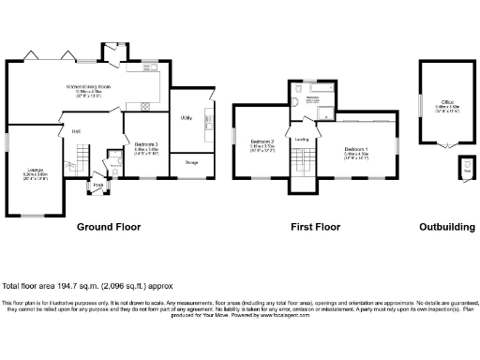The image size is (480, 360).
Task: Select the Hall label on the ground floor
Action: tap(76, 130)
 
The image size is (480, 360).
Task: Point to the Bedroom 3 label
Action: tap(144, 143)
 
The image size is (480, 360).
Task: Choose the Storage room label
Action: tap(191, 163)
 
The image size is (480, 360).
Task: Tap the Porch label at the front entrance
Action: tap(98, 185)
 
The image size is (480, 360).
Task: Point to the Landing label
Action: tap(302, 140)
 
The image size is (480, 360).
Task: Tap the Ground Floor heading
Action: tap(109, 227)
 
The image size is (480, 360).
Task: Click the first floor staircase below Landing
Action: tap(302, 166)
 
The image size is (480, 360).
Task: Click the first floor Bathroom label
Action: tap(315, 98)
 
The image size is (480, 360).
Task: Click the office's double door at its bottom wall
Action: tap(447, 146)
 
